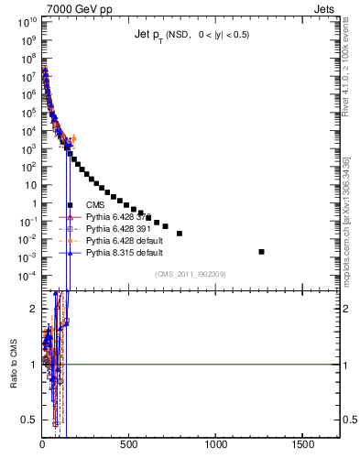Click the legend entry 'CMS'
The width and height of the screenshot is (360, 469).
coord(96,204)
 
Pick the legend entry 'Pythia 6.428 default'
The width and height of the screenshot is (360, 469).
coord(124,240)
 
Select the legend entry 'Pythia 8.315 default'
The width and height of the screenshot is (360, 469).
coord(124,252)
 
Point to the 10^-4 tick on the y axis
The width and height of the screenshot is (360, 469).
coord(28,276)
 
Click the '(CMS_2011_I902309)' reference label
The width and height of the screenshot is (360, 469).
coord(191,274)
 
